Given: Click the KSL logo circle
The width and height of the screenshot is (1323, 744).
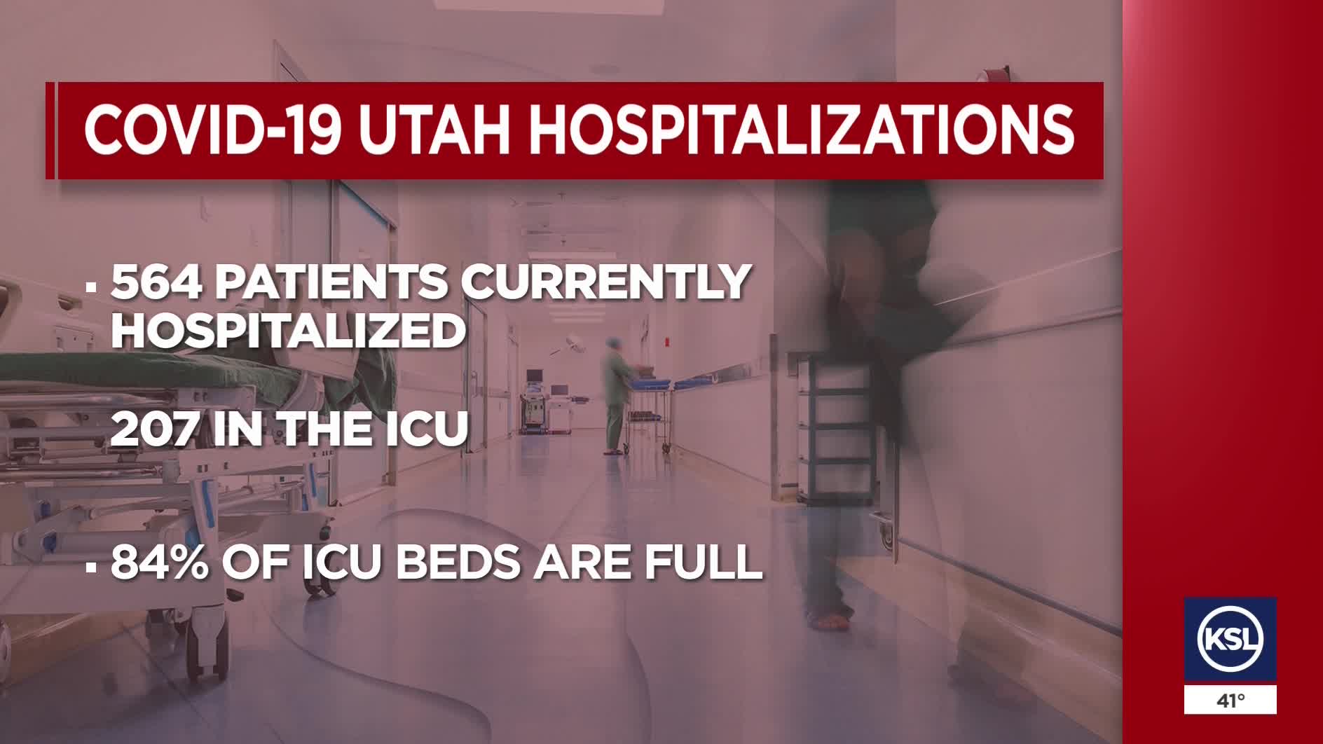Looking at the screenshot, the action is click(x=1230, y=639).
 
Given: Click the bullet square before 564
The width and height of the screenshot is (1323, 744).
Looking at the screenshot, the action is click(x=90, y=287).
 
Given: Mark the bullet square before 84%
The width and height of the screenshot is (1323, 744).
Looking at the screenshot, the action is click(x=90, y=567).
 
